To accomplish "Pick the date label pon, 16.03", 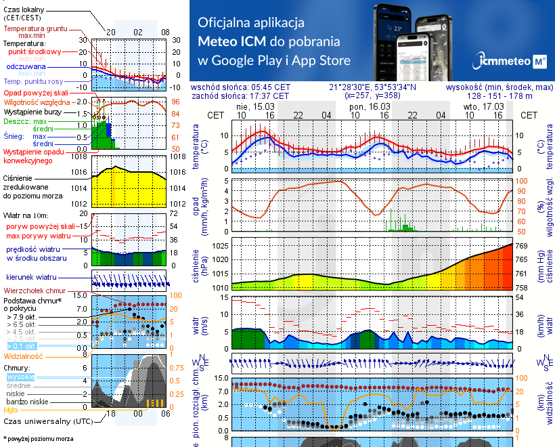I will coord(370,107).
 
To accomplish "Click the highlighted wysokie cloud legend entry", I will coord(21,377).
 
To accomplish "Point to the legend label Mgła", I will coord(11,409).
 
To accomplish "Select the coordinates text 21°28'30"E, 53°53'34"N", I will coord(373,87).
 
